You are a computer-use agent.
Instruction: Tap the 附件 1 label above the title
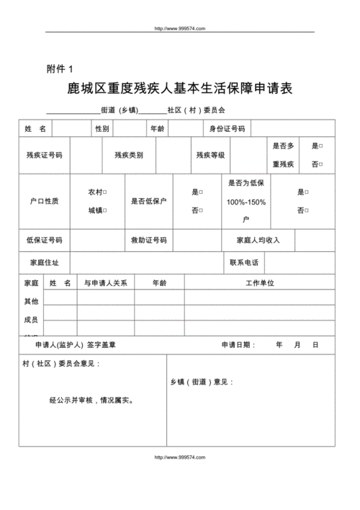[x=60, y=68]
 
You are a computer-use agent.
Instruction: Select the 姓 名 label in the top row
[x=35, y=129]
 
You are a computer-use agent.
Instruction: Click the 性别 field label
[x=102, y=129]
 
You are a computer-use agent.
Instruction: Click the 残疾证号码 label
[x=44, y=155]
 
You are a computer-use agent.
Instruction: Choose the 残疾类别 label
[x=129, y=155]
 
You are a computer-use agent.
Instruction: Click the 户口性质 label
[x=44, y=201]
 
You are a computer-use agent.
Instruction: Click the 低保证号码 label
[x=44, y=240]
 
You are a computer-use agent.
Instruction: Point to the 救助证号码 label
[x=148, y=240]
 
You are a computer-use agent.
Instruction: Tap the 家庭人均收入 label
[x=258, y=240]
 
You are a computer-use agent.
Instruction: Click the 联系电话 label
[x=244, y=262]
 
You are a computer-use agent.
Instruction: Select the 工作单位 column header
[x=260, y=283]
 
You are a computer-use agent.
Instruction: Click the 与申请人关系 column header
[x=106, y=283]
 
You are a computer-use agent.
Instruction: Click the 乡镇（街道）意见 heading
[x=202, y=382]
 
